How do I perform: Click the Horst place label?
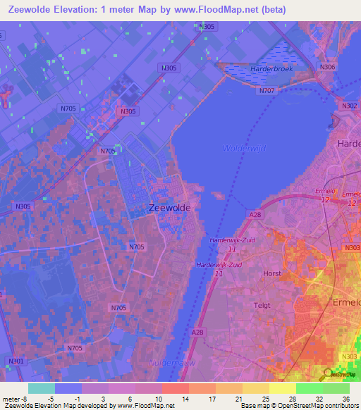(271, 273)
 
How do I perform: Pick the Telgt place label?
(263, 305)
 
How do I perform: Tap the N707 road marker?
(267, 91)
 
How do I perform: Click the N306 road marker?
(327, 67)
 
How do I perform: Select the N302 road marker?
(350, 106)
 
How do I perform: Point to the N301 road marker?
(16, 361)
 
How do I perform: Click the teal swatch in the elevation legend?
(41, 387)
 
